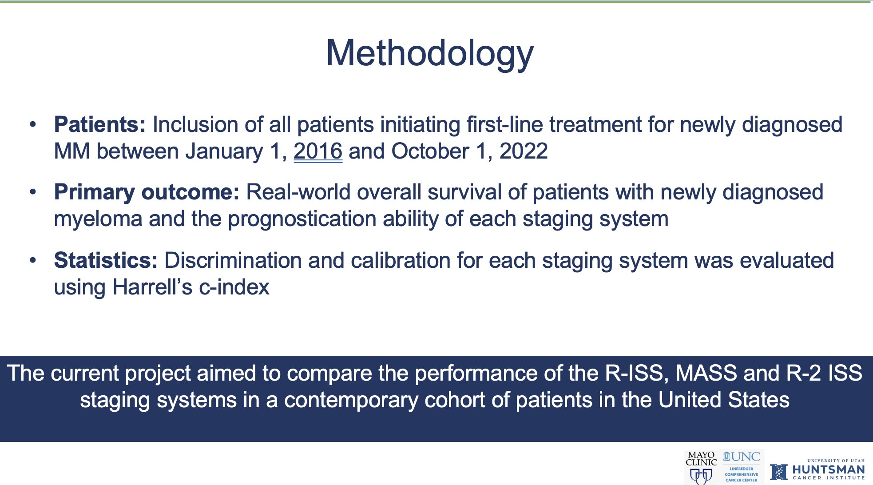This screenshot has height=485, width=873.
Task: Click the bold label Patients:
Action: click(x=100, y=124)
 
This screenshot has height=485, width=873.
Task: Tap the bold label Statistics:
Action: click(x=106, y=260)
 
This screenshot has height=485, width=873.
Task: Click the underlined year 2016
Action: click(x=318, y=151)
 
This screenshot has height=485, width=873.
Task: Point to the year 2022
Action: click(x=524, y=151)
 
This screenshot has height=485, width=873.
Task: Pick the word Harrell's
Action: click(x=152, y=287)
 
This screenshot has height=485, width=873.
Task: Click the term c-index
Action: click(x=234, y=287)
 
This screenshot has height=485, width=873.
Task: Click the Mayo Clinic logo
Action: click(x=701, y=467)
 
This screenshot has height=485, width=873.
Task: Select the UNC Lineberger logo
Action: click(x=742, y=467)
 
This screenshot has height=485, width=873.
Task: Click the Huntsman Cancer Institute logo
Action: click(x=817, y=470)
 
